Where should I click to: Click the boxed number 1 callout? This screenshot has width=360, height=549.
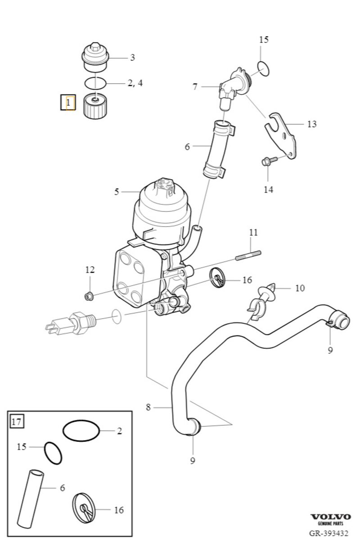[x=68, y=103]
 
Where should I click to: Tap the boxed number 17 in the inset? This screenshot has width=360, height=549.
[x=17, y=422]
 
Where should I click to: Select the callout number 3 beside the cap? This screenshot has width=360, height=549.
[x=132, y=58]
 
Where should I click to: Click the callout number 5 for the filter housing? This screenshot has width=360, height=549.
[x=117, y=192]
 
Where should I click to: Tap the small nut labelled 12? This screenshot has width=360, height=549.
[x=89, y=296]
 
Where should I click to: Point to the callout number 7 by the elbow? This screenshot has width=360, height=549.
[x=195, y=87]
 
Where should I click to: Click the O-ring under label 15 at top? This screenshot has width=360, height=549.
[x=262, y=67]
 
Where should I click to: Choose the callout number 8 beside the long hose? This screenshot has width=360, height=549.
[x=148, y=408]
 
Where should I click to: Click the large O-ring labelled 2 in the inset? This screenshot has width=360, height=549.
[x=81, y=431]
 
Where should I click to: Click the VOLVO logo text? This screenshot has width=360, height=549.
[x=330, y=517]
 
